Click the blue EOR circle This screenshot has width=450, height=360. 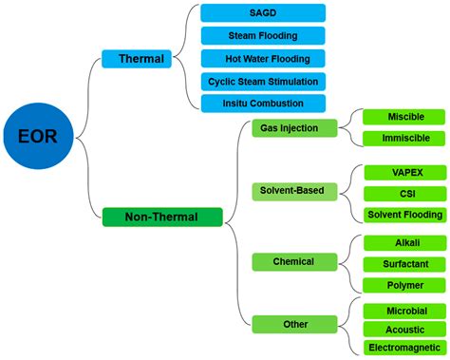pyautogui.click(x=37, y=136)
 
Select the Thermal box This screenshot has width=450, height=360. pyautogui.click(x=141, y=59)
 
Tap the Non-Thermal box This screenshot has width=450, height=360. pyautogui.click(x=162, y=217)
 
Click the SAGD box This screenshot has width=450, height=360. pyautogui.click(x=263, y=12)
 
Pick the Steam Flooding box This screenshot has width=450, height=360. pyautogui.click(x=263, y=36)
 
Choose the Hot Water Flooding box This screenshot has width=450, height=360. pyautogui.click(x=263, y=58)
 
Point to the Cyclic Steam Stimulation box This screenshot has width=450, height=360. pyautogui.click(x=263, y=81)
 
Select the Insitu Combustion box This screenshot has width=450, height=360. pyautogui.click(x=263, y=103)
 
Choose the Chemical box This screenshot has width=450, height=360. pyautogui.click(x=294, y=260)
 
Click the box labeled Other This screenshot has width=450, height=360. pyautogui.click(x=294, y=324)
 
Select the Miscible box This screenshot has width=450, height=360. pyautogui.click(x=405, y=116)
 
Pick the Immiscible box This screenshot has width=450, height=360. pyautogui.click(x=405, y=139)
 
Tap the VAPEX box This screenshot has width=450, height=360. pyautogui.click(x=405, y=172)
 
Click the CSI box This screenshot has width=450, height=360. pyautogui.click(x=405, y=193)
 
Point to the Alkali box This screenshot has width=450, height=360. pyautogui.click(x=405, y=242)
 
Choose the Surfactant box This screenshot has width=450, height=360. pyautogui.click(x=405, y=264)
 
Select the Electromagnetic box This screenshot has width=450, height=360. pyautogui.click(x=405, y=349)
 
